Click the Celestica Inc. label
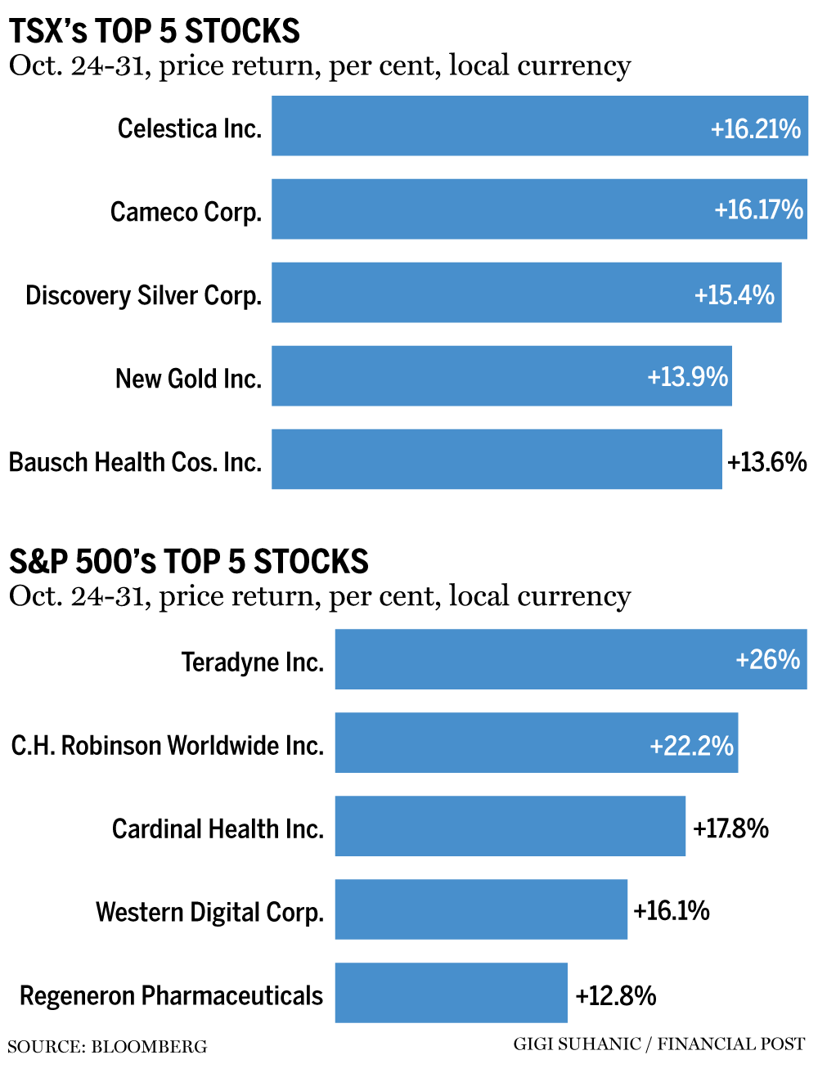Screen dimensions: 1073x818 pos(189,128)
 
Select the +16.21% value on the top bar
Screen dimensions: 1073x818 pos(755,128)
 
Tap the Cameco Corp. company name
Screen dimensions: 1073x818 pos(186,212)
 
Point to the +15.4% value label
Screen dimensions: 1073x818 pos(734,294)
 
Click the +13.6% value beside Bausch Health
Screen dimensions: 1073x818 pos(766,462)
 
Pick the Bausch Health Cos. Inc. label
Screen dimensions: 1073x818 pos(135,462)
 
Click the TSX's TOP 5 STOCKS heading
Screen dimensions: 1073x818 pos(155,31)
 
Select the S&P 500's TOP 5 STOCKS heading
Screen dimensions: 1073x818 pos(189,562)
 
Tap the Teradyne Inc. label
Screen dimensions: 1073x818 pos(253,662)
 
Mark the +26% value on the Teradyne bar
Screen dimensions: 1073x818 pos(767,659)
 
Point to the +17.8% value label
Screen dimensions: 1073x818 pos(730,828)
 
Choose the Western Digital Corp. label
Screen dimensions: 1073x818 pos(210,912)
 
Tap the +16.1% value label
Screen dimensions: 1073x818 pos(672,910)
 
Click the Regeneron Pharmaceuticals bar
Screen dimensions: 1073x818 pos(451,993)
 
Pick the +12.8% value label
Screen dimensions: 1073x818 pos(616,995)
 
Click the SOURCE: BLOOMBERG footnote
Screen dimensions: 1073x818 pos(107,1047)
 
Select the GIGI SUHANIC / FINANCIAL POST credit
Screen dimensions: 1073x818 pos(659,1044)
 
